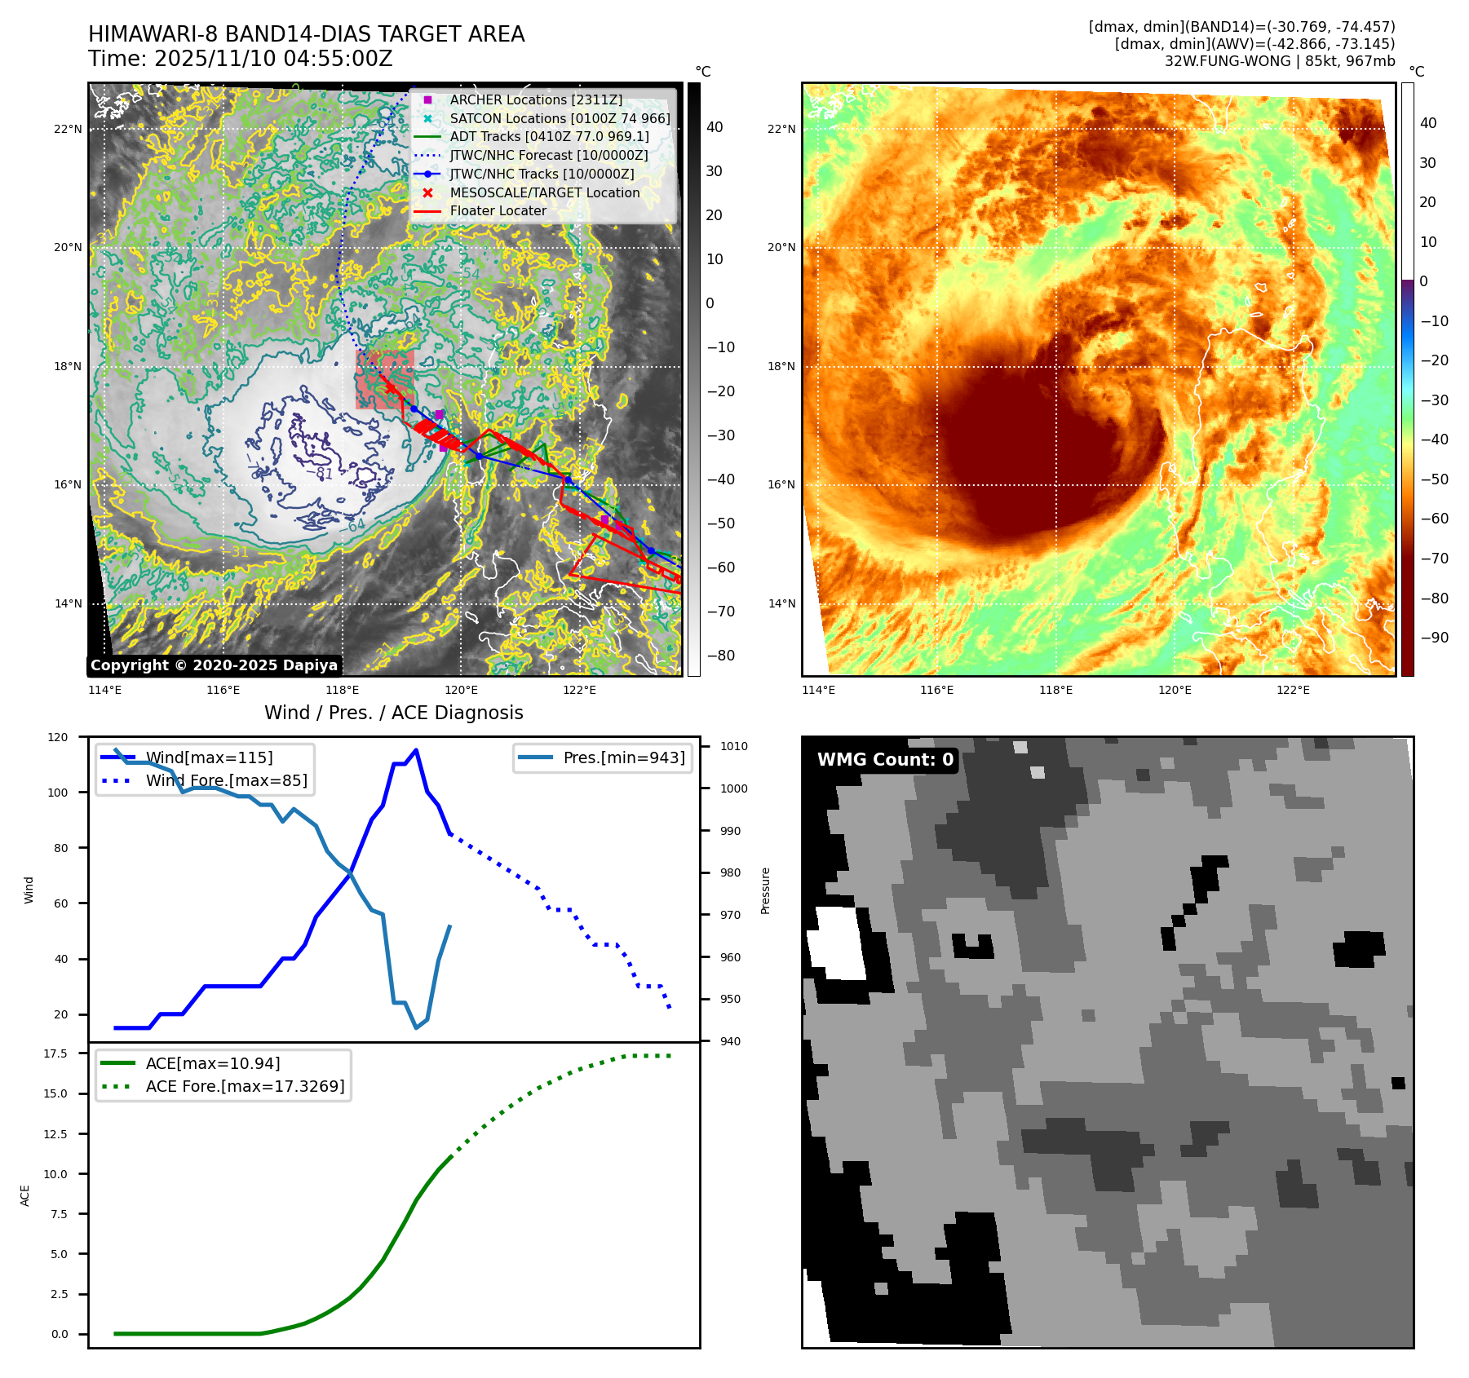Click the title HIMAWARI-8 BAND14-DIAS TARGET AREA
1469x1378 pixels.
click(x=306, y=34)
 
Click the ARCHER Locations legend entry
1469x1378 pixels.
click(x=535, y=99)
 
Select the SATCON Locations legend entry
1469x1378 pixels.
click(x=560, y=118)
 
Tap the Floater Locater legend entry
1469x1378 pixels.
click(x=498, y=210)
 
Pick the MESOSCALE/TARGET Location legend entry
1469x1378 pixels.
click(x=544, y=192)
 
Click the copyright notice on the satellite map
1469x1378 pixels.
click(x=214, y=665)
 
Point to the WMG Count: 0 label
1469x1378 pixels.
click(x=885, y=760)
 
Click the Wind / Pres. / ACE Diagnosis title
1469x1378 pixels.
click(x=393, y=713)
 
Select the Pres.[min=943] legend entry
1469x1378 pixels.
click(x=624, y=757)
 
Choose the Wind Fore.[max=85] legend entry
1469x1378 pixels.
click(x=226, y=780)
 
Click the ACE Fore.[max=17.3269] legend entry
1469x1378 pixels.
click(x=245, y=1086)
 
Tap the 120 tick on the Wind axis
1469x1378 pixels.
click(x=58, y=737)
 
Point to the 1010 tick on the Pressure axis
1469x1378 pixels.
click(x=733, y=746)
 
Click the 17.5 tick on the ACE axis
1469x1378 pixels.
click(x=55, y=1053)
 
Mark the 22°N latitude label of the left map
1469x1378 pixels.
click(x=68, y=129)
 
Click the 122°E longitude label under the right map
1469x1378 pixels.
click(x=1293, y=691)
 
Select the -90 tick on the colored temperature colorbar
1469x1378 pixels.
click(x=1434, y=638)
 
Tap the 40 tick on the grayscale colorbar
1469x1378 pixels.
click(x=715, y=127)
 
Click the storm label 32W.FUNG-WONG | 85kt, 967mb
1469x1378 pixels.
click(x=1279, y=61)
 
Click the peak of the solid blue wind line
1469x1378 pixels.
click(x=416, y=750)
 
